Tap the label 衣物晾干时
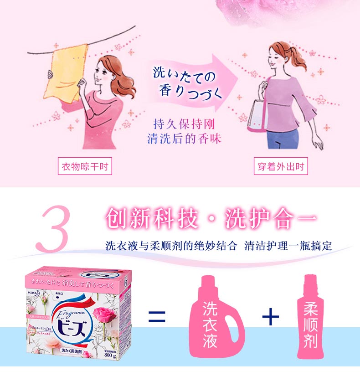[86, 166]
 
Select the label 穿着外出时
[281, 166]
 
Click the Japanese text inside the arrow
[187, 82]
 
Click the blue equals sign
[157, 317]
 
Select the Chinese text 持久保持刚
[184, 124]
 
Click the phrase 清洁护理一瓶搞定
[288, 246]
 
